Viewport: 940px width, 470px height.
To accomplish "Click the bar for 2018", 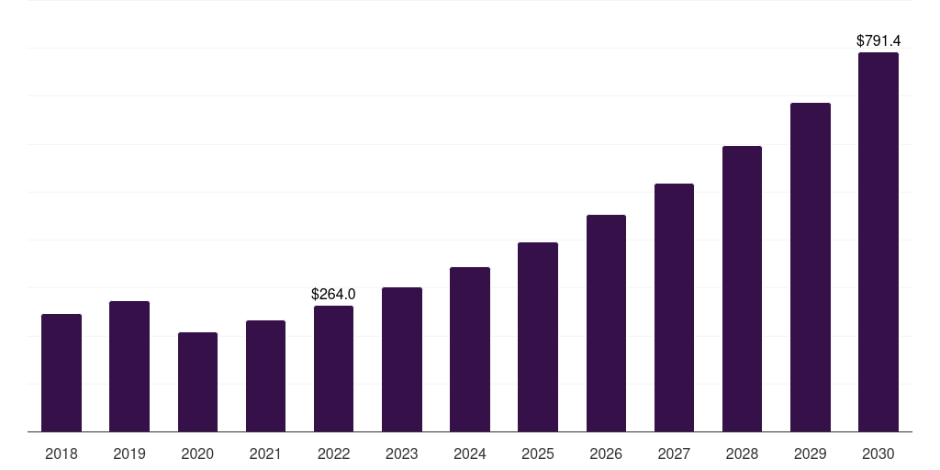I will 62,373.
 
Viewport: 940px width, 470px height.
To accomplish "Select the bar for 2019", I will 129,366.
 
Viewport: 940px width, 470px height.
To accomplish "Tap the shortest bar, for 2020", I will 197,382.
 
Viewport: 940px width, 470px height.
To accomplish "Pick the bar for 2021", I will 265,375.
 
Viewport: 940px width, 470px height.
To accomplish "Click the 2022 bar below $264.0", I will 333,368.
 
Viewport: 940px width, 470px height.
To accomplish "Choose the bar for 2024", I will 470,349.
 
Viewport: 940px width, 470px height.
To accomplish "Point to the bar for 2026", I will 606,323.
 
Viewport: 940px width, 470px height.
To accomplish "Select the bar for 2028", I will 742,288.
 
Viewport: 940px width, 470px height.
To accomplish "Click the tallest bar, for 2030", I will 878,241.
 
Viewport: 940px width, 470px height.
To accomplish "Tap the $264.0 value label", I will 333,295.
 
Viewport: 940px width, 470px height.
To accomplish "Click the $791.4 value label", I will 878,41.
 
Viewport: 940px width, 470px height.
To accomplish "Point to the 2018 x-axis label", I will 62,454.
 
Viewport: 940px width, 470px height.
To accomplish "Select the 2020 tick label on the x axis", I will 197,454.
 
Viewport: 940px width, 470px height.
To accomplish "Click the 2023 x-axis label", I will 402,454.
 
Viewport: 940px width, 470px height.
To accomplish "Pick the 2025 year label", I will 538,454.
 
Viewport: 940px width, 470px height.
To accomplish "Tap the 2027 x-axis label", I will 674,454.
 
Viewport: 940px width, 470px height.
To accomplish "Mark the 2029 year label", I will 810,454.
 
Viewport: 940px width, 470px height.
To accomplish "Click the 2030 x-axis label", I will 878,454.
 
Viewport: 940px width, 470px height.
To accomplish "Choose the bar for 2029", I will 810,267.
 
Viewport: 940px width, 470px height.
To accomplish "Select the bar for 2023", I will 402,359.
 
